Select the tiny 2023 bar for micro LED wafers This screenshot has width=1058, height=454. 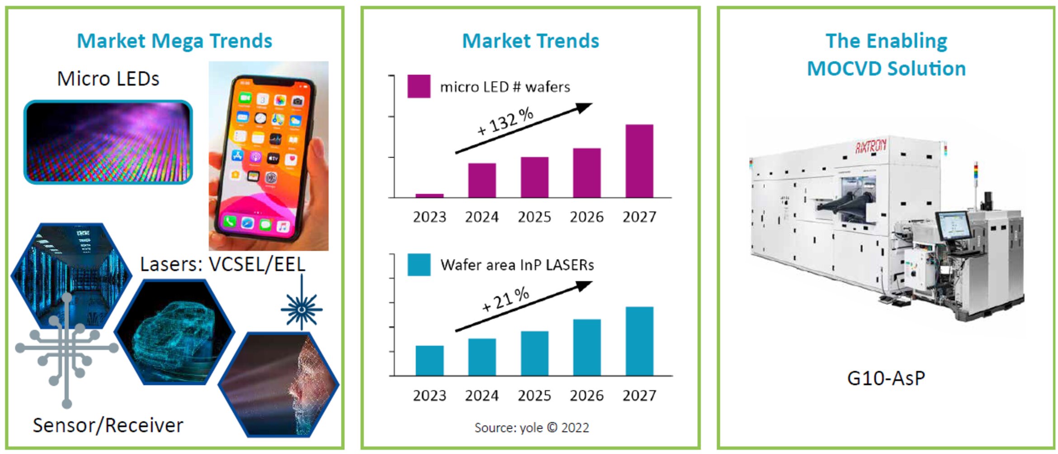(429, 196)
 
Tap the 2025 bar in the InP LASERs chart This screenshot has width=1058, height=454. (534, 353)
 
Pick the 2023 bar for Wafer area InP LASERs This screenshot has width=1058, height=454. (429, 360)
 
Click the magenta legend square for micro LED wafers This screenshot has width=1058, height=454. (418, 86)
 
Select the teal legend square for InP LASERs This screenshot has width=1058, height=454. (418, 264)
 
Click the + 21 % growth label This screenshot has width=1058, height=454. (505, 299)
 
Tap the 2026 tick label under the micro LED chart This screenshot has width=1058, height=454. (586, 217)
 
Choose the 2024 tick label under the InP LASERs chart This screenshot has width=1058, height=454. (482, 396)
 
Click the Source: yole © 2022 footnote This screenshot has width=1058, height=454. (531, 428)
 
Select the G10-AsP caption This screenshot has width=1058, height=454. (886, 378)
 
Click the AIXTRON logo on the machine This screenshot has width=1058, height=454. (870, 146)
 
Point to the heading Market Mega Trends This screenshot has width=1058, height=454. (175, 41)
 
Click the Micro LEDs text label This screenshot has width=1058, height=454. (108, 79)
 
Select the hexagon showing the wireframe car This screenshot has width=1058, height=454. (175, 332)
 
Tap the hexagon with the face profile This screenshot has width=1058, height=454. (279, 385)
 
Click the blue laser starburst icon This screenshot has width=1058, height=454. (302, 309)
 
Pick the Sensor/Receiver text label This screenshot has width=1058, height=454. (108, 425)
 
